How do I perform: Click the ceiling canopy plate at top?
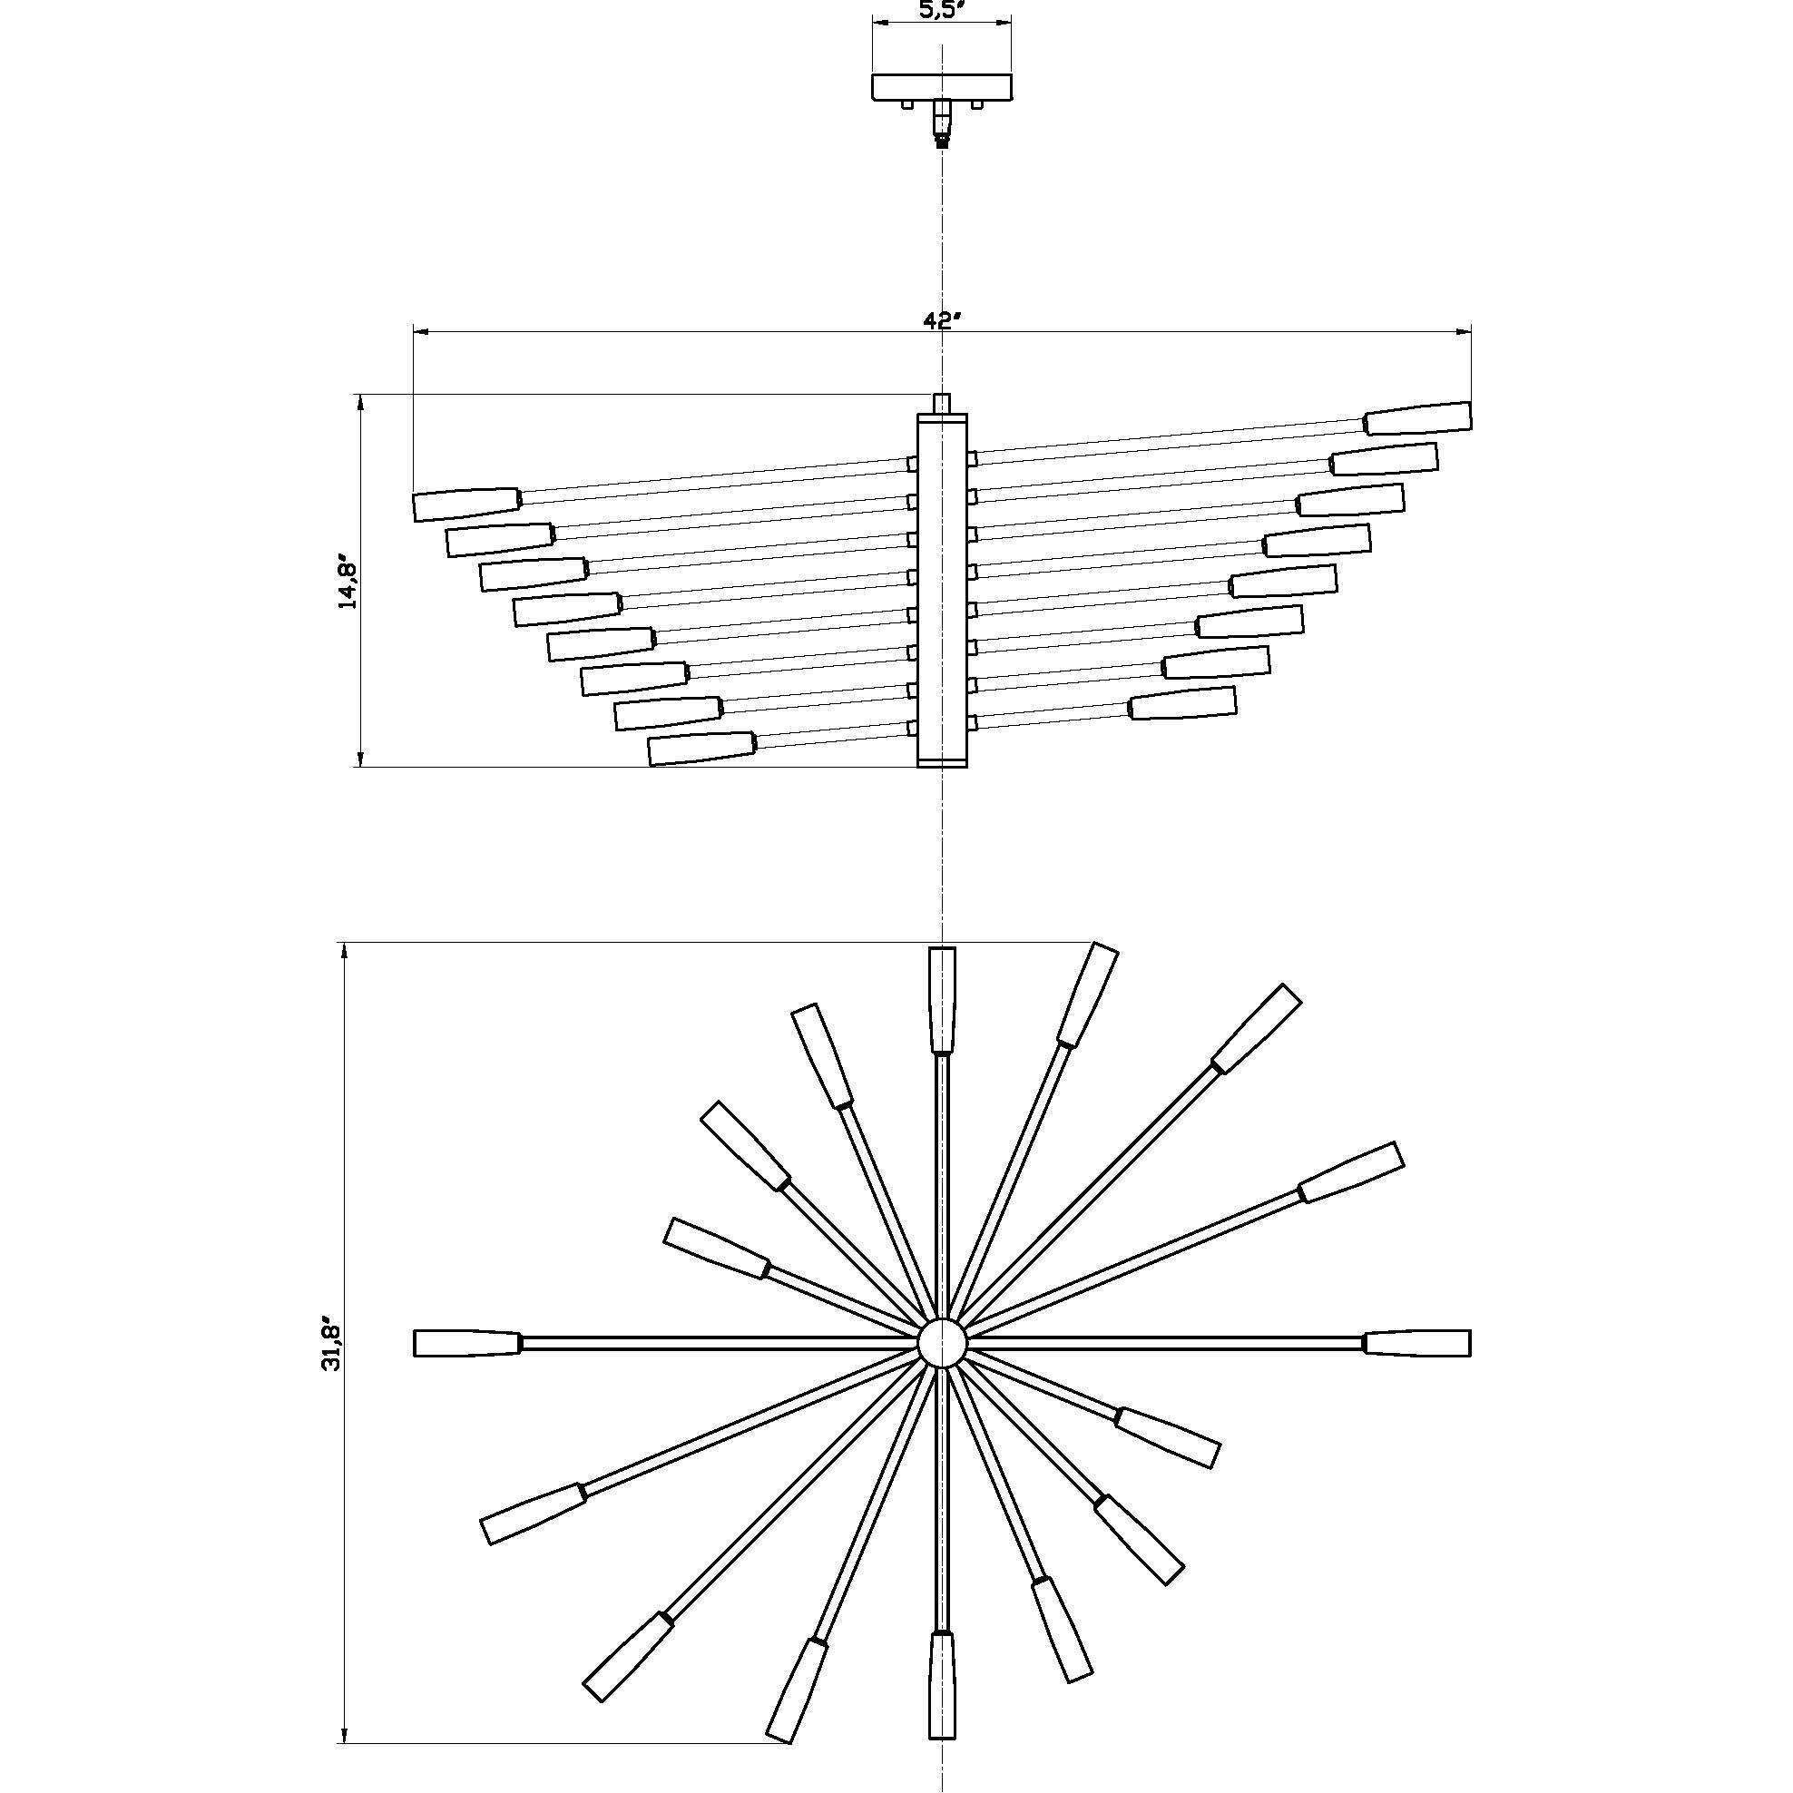tap(942, 87)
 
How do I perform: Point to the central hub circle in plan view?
tap(942, 1343)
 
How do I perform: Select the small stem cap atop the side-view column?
tap(942, 403)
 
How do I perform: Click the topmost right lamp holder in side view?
tap(1418, 418)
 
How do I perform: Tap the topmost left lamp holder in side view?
tap(465, 503)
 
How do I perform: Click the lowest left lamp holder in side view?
tap(701, 748)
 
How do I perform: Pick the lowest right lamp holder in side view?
tap(1183, 703)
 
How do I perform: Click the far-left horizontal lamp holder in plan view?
tap(466, 1343)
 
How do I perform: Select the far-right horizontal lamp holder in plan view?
tap(1418, 1343)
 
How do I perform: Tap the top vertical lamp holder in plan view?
tap(942, 1000)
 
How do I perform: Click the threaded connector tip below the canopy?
tap(943, 142)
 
